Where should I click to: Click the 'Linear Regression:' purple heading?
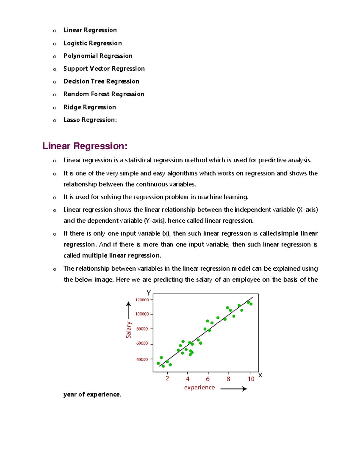click(85, 146)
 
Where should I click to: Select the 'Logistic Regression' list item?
click(92, 43)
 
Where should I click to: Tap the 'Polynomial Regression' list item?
click(98, 56)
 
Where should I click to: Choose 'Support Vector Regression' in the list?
click(104, 69)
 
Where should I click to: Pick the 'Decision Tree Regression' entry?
click(101, 81)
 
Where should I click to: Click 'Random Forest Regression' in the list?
click(104, 94)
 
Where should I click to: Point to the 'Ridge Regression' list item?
click(89, 107)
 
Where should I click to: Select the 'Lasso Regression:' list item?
click(90, 120)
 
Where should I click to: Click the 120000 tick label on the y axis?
click(142, 300)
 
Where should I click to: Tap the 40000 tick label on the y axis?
click(142, 359)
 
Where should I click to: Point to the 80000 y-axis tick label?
click(142, 329)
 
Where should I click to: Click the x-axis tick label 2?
click(167, 379)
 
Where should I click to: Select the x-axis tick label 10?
click(251, 379)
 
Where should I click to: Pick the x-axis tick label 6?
click(208, 379)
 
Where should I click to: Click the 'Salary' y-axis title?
click(129, 330)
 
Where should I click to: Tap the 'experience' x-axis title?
click(199, 388)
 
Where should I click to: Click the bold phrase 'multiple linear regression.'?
click(121, 256)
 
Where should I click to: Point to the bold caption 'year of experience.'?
click(92, 395)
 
